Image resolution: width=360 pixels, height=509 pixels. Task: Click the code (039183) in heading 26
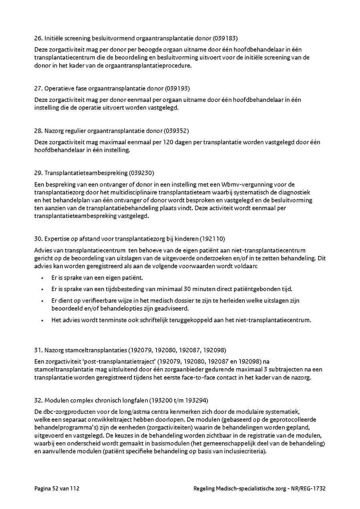[x=225, y=39]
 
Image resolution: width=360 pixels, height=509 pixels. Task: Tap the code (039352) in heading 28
[x=176, y=131]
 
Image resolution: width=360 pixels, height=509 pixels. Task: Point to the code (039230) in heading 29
[x=141, y=173]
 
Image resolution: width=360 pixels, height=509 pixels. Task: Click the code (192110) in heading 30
[x=213, y=239]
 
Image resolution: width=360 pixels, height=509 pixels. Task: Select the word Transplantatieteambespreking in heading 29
[x=86, y=173]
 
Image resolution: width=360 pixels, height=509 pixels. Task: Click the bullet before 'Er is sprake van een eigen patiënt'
[x=42, y=277]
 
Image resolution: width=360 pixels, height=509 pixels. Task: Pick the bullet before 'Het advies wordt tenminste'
[x=42, y=320]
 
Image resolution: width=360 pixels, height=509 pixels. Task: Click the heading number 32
[x=38, y=400]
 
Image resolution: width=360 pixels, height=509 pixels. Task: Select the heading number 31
[x=38, y=350]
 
